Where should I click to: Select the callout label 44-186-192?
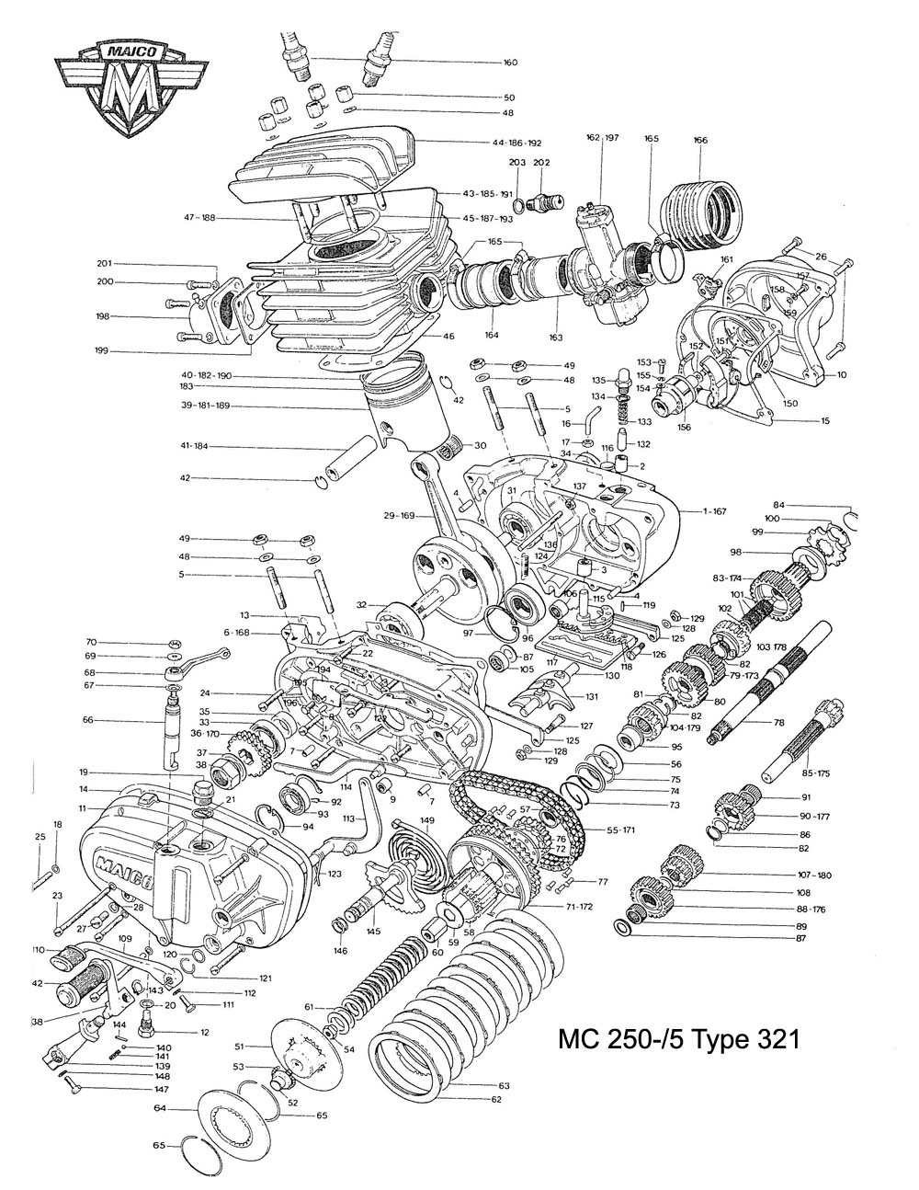pos(516,143)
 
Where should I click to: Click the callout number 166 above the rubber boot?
pos(701,140)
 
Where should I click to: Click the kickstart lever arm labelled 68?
pos(198,664)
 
